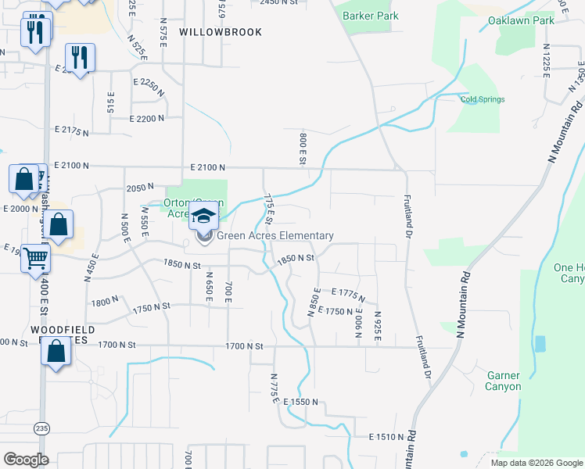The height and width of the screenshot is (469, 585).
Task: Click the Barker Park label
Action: [x=371, y=16]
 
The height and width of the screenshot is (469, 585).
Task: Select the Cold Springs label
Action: [x=482, y=99]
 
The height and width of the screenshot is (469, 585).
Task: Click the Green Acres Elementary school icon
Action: [x=205, y=217]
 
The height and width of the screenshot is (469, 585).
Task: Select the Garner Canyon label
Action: [x=503, y=381]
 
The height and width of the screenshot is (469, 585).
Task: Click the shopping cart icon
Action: [x=36, y=257]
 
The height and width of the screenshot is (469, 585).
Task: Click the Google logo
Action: [x=26, y=460]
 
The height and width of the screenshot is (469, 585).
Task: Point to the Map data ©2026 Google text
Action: [x=536, y=463]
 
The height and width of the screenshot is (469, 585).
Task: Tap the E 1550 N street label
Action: [x=302, y=401]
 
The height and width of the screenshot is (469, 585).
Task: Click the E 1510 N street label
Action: [x=386, y=436]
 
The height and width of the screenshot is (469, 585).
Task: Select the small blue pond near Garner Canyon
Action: [x=539, y=343]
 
